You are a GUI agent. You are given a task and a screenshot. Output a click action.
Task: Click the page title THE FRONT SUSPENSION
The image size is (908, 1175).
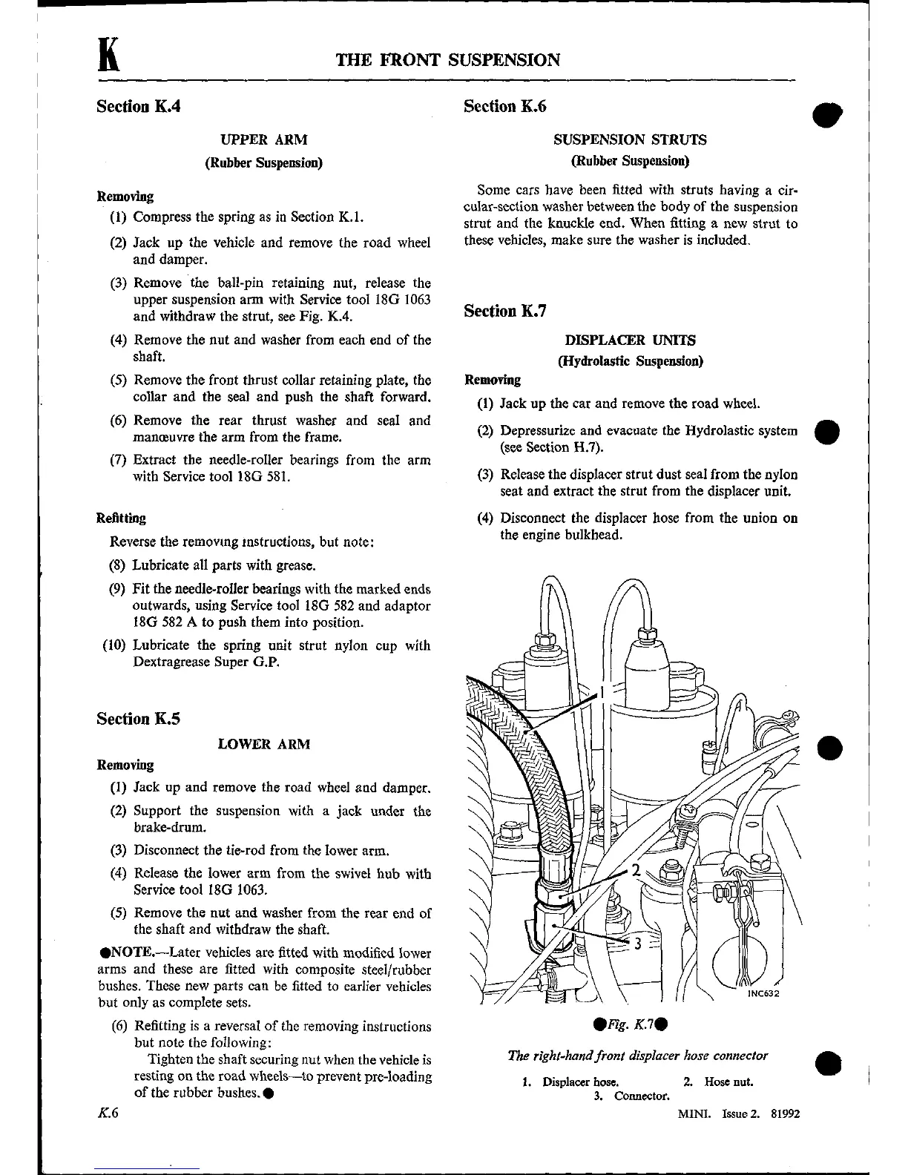click(448, 60)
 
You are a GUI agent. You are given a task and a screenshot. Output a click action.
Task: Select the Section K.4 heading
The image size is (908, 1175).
click(139, 106)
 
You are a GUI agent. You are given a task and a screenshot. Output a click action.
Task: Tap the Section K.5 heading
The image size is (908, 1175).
click(139, 719)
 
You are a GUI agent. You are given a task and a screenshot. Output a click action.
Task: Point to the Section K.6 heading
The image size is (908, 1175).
click(505, 106)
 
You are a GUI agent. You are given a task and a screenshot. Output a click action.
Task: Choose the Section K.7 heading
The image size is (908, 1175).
click(505, 311)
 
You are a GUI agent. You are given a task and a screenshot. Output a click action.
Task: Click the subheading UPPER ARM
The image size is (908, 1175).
click(263, 139)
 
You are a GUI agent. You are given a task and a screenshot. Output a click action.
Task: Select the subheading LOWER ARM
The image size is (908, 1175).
click(263, 744)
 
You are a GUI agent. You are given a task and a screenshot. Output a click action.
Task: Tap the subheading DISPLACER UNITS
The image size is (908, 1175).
click(630, 340)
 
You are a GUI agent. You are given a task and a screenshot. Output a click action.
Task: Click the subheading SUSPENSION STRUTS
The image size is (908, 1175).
click(630, 139)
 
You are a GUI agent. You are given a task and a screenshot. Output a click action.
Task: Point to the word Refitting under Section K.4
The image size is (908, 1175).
click(121, 518)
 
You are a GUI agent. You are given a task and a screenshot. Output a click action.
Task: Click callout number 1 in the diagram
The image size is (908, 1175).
click(603, 692)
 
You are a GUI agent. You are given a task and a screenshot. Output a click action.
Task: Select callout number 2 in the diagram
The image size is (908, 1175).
click(635, 869)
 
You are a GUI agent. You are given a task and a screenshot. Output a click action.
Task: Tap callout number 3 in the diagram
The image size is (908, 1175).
click(636, 944)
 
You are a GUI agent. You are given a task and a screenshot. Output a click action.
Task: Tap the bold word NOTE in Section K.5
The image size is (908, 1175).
click(129, 952)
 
